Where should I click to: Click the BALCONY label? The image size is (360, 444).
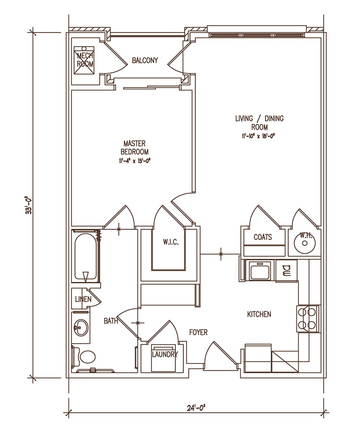pyautogui.click(x=145, y=60)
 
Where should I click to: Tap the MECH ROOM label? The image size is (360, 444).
pyautogui.click(x=85, y=60)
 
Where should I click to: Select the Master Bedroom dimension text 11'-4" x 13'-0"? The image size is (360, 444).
pyautogui.click(x=134, y=161)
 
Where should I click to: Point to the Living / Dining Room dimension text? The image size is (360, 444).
pyautogui.click(x=259, y=136)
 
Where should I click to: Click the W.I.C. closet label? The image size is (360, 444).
pyautogui.click(x=171, y=242)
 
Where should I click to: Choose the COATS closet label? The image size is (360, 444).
pyautogui.click(x=263, y=237)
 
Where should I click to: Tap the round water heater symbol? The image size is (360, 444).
pyautogui.click(x=304, y=243)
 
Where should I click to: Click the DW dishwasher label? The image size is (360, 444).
pyautogui.click(x=287, y=270)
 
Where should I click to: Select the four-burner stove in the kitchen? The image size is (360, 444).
pyautogui.click(x=308, y=318)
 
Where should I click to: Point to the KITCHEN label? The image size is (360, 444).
pyautogui.click(x=259, y=314)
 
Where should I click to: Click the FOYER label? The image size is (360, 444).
pyautogui.click(x=198, y=332)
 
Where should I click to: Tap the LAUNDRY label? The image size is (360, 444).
pyautogui.click(x=165, y=354)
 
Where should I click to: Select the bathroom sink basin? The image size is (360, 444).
pyautogui.click(x=81, y=328)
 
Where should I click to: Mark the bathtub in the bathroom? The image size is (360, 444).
pyautogui.click(x=86, y=256)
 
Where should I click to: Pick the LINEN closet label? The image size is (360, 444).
pyautogui.click(x=84, y=299)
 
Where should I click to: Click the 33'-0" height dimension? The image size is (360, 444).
pyautogui.click(x=28, y=205)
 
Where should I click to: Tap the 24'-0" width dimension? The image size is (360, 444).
pyautogui.click(x=196, y=408)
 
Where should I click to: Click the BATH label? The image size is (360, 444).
pyautogui.click(x=111, y=321)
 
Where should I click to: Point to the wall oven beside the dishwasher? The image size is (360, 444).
pyautogui.click(x=260, y=271)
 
